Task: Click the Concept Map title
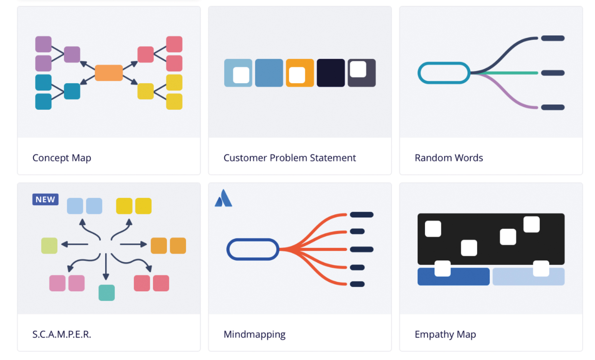pyautogui.click(x=62, y=158)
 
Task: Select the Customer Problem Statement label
pyautogui.click(x=290, y=158)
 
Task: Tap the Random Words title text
pyautogui.click(x=449, y=158)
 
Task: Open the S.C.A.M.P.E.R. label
pyautogui.click(x=62, y=334)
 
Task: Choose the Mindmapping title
pyautogui.click(x=255, y=335)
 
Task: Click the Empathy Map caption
pyautogui.click(x=445, y=335)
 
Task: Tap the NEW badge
pyautogui.click(x=45, y=199)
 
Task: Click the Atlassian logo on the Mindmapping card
pyautogui.click(x=223, y=198)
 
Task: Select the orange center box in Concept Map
pyautogui.click(x=109, y=73)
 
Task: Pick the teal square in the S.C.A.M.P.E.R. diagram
pyautogui.click(x=107, y=293)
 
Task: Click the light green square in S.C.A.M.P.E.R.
pyautogui.click(x=49, y=246)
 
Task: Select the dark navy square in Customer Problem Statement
pyautogui.click(x=331, y=73)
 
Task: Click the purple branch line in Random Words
pyautogui.click(x=506, y=93)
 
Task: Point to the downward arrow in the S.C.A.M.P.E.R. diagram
pyautogui.click(x=106, y=267)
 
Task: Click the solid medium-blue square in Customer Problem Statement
pyautogui.click(x=269, y=73)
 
